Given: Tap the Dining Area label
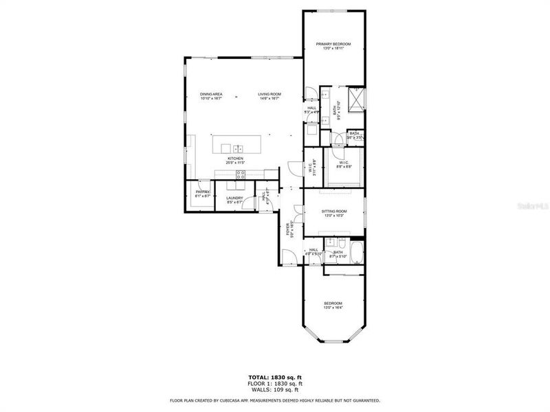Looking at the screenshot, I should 211,96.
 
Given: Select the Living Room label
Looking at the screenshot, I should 269,96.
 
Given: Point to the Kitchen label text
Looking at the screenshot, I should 236,160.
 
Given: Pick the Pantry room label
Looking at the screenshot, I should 202,194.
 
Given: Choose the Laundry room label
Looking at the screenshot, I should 235,200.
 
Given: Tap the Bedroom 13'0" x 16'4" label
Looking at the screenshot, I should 333,306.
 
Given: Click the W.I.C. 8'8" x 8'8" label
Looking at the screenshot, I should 344,165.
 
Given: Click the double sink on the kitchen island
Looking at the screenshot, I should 237,148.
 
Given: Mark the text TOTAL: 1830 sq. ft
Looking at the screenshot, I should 275,377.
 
